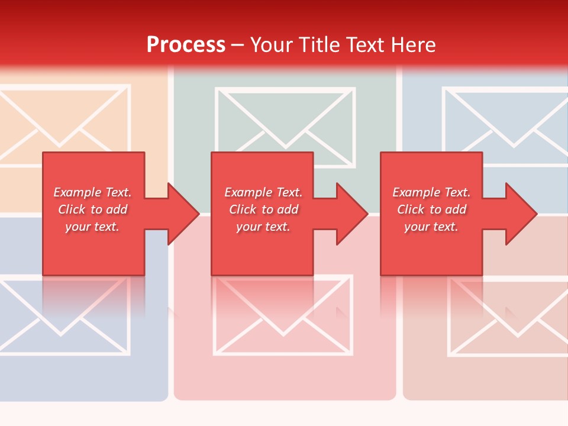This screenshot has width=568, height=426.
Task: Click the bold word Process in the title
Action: click(x=186, y=45)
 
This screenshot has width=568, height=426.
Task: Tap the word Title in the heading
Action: click(x=318, y=45)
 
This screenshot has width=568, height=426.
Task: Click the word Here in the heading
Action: click(x=414, y=45)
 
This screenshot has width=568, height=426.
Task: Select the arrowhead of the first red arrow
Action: click(x=183, y=214)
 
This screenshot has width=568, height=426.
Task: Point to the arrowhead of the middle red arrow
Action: click(x=352, y=214)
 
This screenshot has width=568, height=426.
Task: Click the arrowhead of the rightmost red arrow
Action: click(x=521, y=214)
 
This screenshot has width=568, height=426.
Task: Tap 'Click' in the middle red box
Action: click(x=243, y=209)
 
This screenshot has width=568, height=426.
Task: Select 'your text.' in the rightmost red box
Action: click(x=431, y=227)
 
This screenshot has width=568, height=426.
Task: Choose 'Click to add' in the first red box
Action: click(x=93, y=209)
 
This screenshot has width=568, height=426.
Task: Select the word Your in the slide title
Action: click(x=272, y=45)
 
